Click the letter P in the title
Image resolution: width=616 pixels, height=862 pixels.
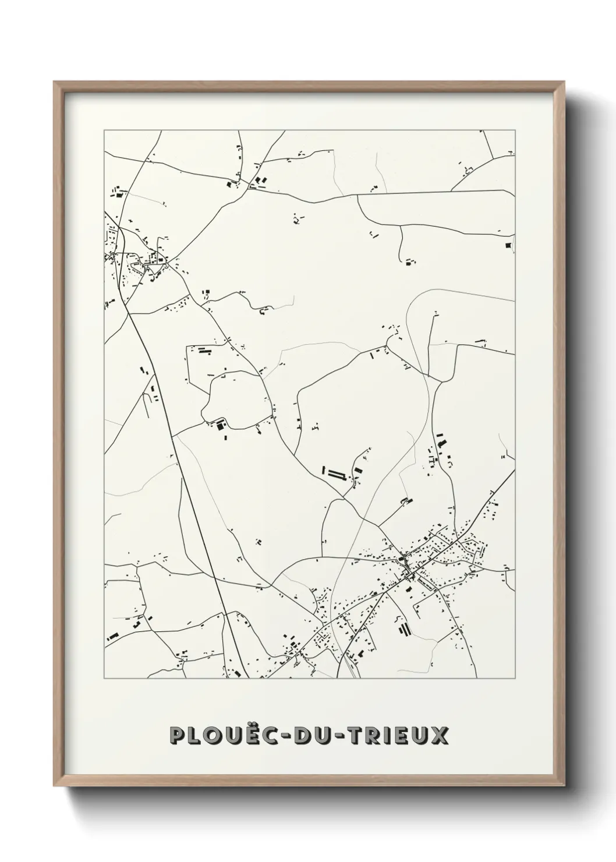pyautogui.click(x=178, y=735)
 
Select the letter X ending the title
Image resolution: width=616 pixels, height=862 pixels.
pyautogui.click(x=440, y=735)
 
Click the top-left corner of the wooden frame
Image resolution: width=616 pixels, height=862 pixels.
pyautogui.click(x=54, y=82)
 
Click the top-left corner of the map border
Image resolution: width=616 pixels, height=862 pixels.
pyautogui.click(x=104, y=130)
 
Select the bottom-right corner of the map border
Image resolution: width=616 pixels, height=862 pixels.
pyautogui.click(x=515, y=679)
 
